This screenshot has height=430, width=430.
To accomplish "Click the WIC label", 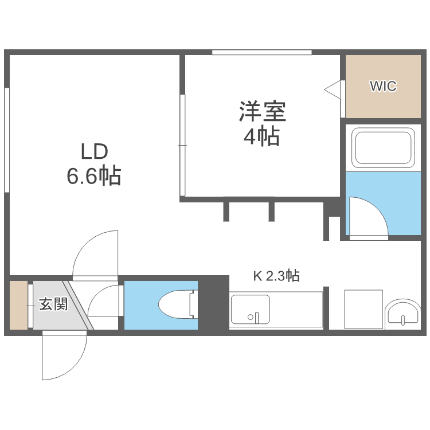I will coord(383,87).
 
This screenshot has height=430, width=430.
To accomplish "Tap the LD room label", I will coord(94,152).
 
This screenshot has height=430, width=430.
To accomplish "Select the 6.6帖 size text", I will coord(94,176).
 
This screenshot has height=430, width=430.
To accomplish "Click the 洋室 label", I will coord(262,111).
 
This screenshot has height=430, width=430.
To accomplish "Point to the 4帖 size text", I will coord(262,137).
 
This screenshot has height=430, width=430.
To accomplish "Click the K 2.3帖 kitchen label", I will coord(276,276).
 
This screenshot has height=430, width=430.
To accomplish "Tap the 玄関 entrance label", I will coord(53,304).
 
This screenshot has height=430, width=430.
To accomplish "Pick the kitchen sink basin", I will coord(249,310).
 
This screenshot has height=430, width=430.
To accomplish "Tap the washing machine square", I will coord(363,309).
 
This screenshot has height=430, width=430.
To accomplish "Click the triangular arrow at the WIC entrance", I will coord(333,90).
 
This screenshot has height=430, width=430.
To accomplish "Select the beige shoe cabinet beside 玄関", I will coord(18,306).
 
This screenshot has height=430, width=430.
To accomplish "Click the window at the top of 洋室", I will coord(261,53).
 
